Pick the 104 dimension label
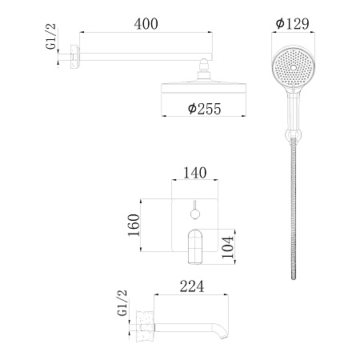228,245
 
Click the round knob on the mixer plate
194,213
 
